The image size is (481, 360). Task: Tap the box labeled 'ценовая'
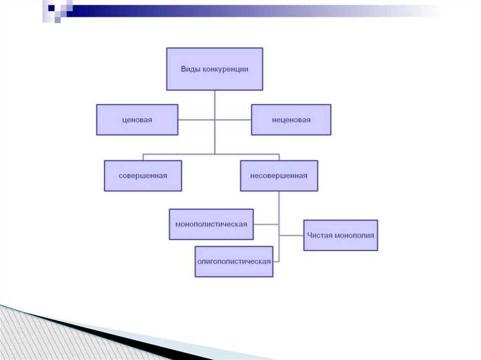tap(137, 120)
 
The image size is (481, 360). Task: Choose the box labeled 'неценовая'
tap(291, 120)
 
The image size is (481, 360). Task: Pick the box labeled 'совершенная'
tap(143, 176)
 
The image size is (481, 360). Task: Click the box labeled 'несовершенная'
tap(279, 176)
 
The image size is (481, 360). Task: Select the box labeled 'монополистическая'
tap(211, 224)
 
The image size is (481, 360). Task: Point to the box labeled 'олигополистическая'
tap(233, 261)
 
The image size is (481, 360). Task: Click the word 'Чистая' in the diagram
tap(319, 235)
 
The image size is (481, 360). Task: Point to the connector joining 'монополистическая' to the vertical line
tap(266, 224)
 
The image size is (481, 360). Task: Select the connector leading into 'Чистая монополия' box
tap(291, 235)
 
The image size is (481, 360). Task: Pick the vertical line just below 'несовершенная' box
tap(279, 202)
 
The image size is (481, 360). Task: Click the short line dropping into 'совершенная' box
tap(143, 157)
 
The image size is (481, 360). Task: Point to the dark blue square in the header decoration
tap(51, 8)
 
